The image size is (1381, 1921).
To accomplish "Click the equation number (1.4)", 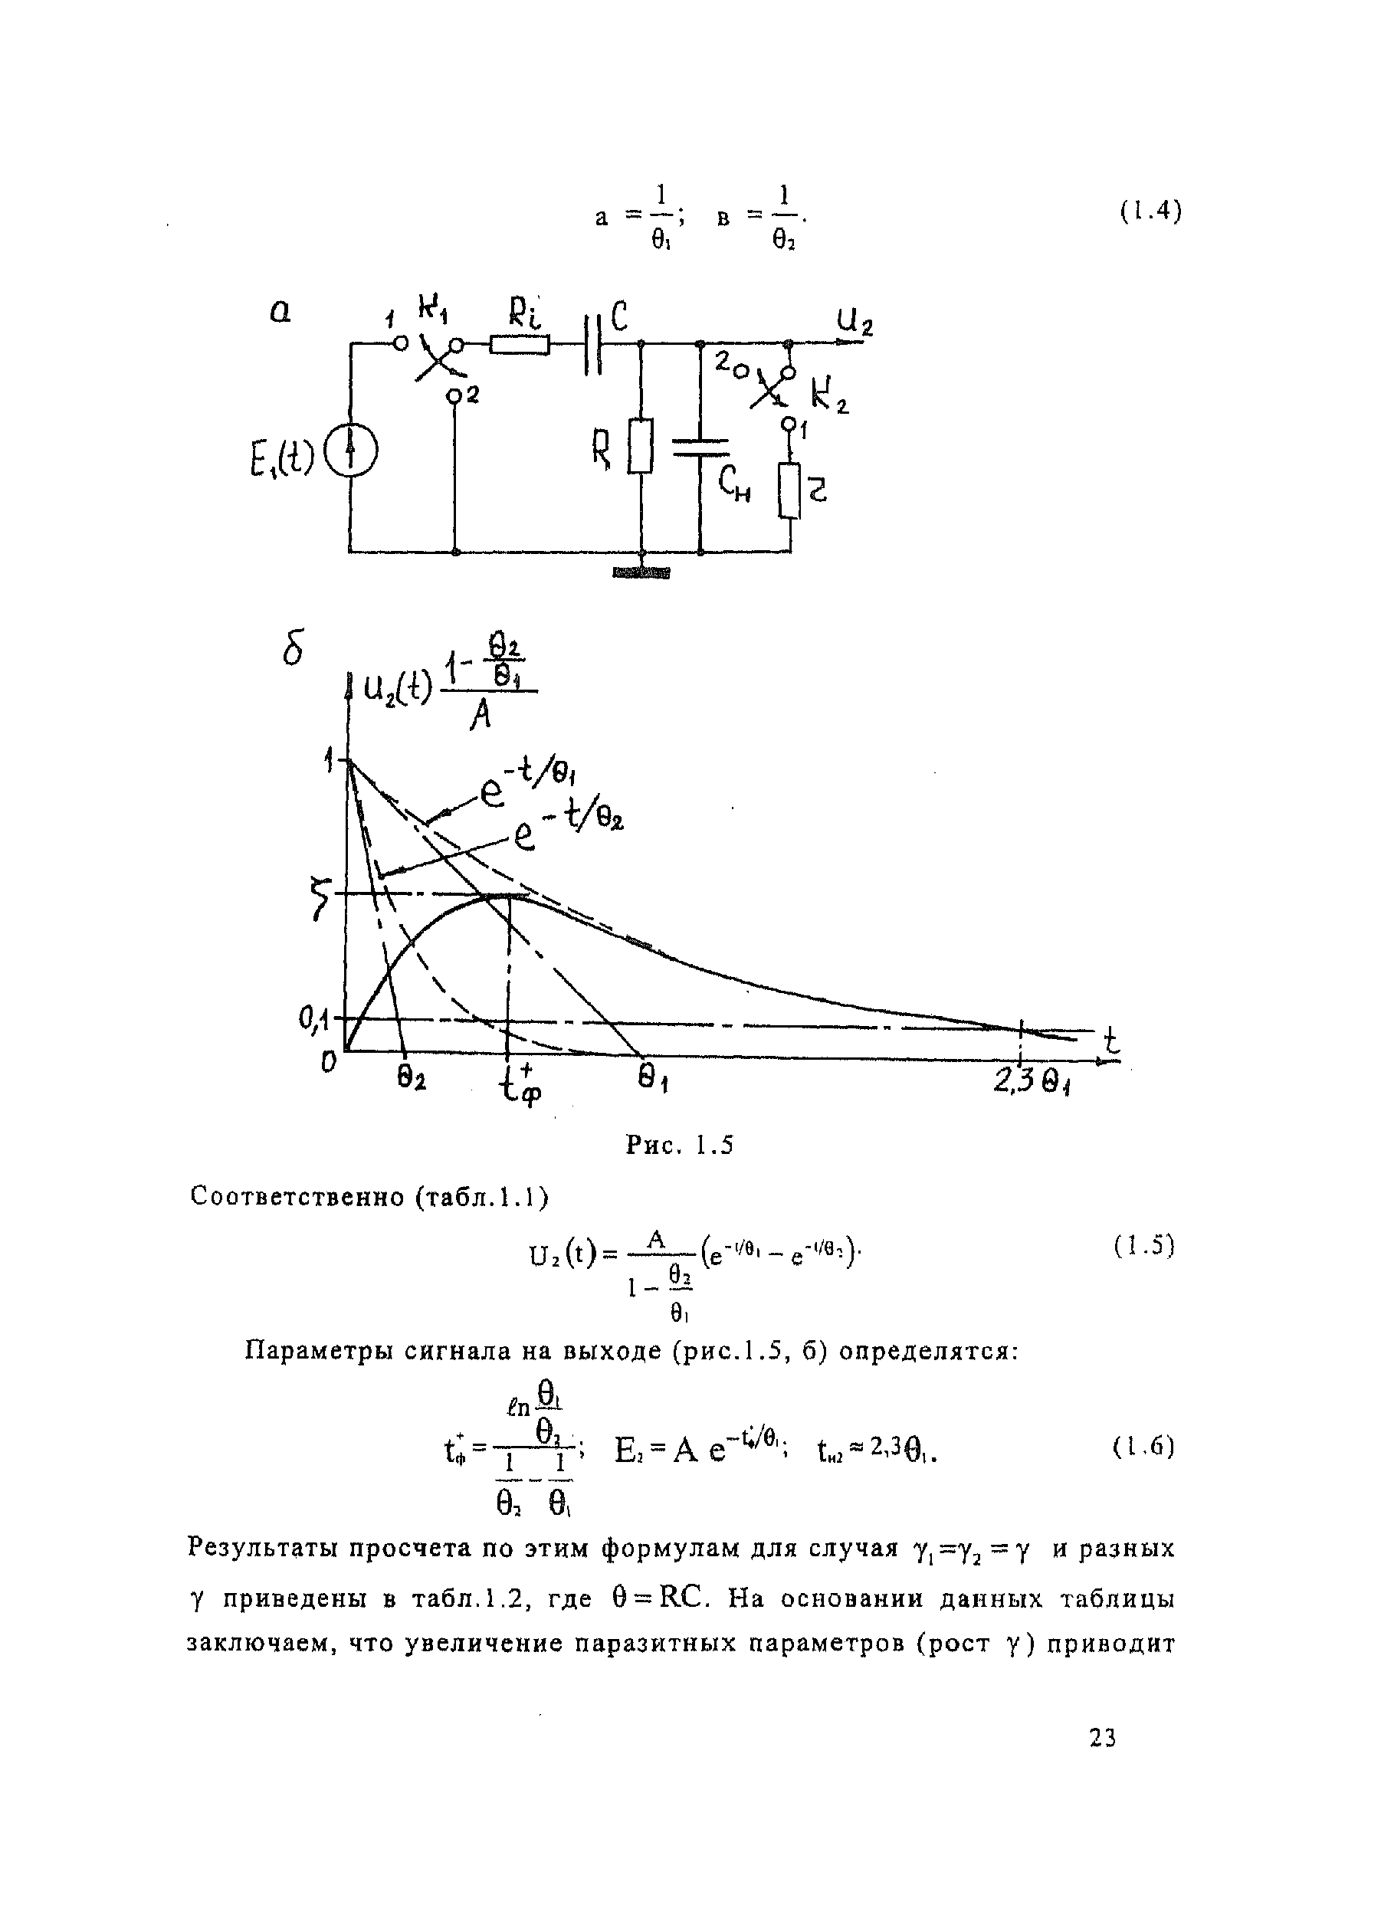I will coord(1150,211).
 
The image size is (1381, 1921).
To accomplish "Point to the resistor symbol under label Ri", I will coord(520,344).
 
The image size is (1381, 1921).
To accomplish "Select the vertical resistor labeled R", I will coord(641,444).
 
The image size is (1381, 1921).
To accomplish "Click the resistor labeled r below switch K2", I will coord(789,490).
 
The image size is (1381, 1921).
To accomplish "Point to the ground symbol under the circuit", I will coord(641,573).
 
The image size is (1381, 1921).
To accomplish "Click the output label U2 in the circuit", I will coord(854,321).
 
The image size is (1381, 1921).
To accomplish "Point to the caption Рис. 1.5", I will coord(680,1145).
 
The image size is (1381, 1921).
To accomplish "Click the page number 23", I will coord(1102,1738).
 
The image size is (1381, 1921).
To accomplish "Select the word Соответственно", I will coord(297,1196).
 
